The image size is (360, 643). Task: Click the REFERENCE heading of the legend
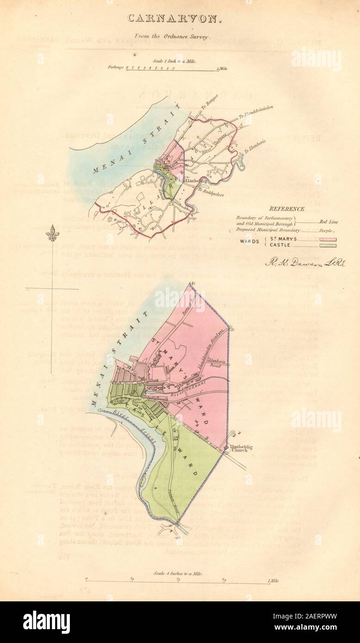288,209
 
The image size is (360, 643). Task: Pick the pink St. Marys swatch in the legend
325,239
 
